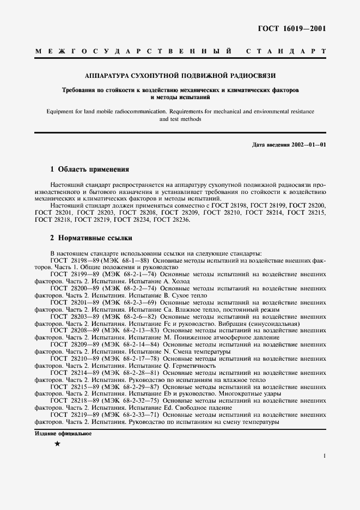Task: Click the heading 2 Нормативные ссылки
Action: [x=90, y=238]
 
